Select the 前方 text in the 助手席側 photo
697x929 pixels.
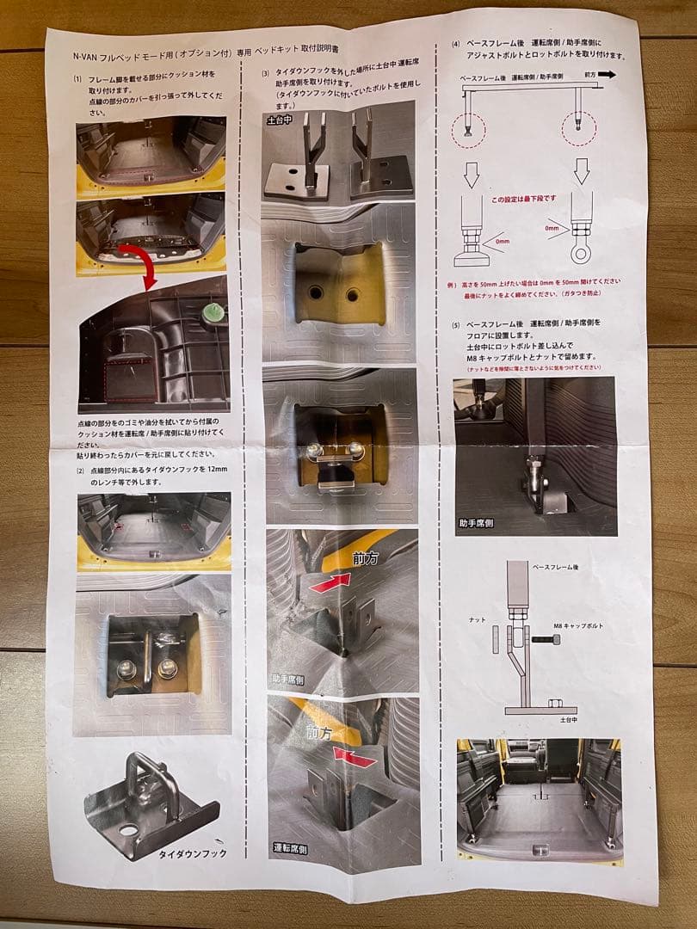tap(367, 557)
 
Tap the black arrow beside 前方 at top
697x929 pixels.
tap(607, 75)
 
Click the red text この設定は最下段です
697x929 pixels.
tap(523, 200)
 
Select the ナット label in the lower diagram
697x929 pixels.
tap(478, 618)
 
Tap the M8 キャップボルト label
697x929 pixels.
tap(581, 625)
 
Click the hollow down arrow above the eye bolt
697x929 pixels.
tap(582, 172)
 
